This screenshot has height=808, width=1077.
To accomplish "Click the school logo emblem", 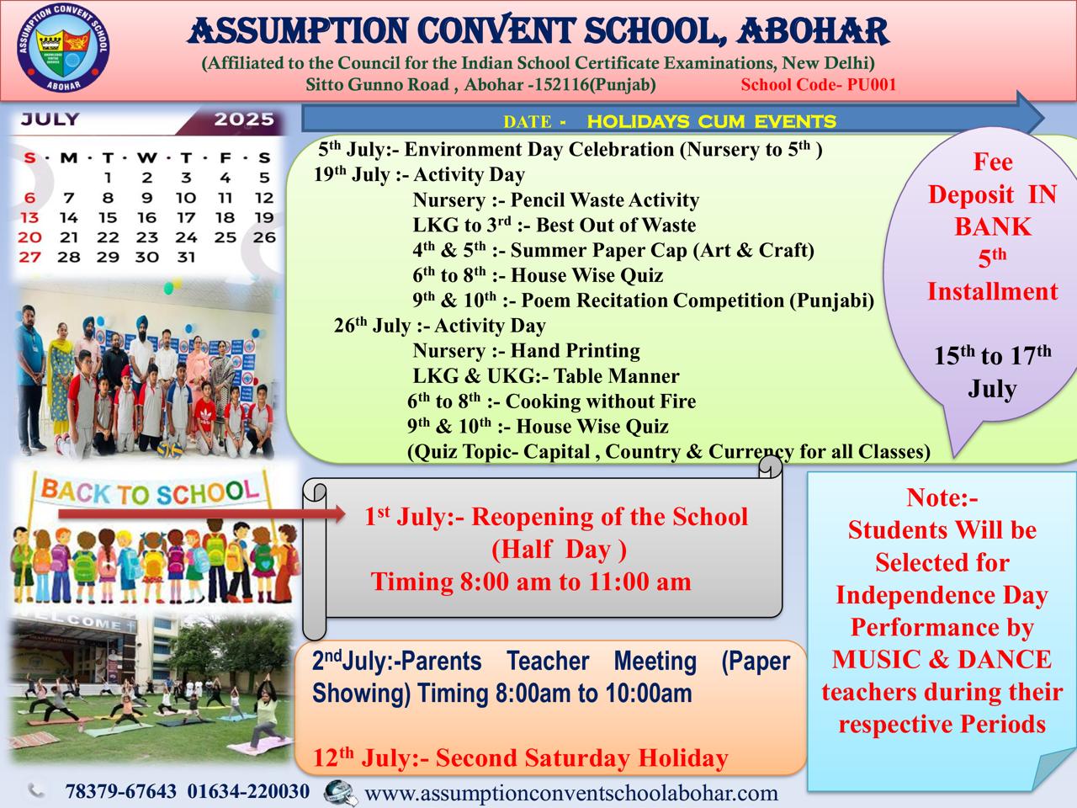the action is click(x=63, y=48).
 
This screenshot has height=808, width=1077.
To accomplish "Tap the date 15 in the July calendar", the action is click(x=108, y=217).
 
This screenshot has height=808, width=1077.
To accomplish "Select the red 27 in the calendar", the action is click(x=29, y=257).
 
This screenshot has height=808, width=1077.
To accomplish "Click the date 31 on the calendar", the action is click(x=186, y=257).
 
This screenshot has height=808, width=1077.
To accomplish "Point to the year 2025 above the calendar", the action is click(x=244, y=120).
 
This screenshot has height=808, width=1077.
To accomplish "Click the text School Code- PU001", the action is click(x=819, y=84).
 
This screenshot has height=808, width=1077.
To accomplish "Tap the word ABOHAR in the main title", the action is click(x=812, y=31).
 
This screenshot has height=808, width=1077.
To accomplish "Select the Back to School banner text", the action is click(x=150, y=492).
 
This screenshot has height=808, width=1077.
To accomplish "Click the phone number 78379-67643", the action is click(x=120, y=791).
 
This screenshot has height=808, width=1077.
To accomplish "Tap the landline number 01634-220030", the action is click(x=248, y=791).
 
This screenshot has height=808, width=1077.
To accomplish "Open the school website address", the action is click(x=571, y=794).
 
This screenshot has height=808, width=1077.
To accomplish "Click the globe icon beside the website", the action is click(x=340, y=793).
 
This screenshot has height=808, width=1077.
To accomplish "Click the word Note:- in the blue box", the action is click(x=942, y=497).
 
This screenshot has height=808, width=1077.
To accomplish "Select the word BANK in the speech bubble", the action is click(x=993, y=226).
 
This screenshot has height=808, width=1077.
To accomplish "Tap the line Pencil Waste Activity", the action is click(x=604, y=199).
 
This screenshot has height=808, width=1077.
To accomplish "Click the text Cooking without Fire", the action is click(x=601, y=401).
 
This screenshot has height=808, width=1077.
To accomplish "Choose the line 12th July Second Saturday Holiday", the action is click(x=520, y=758).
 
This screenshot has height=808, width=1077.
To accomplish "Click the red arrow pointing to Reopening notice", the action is click(x=202, y=514).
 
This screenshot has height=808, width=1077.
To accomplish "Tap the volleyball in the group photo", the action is click(x=170, y=449).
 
